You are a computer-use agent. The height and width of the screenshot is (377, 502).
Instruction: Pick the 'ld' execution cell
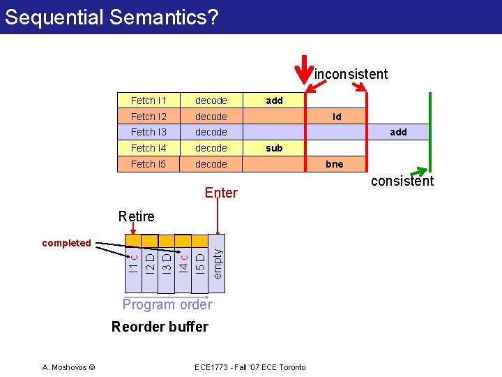click(336, 117)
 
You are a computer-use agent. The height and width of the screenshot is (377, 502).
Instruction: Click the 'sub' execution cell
click(274, 148)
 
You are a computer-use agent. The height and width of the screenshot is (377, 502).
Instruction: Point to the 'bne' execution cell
click(335, 164)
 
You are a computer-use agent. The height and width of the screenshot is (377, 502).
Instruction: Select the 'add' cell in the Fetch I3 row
click(398, 132)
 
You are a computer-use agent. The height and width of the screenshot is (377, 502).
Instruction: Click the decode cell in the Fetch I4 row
click(211, 148)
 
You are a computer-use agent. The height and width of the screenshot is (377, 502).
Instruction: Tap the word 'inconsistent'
click(351, 74)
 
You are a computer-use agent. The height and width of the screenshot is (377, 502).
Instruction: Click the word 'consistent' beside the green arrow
click(402, 182)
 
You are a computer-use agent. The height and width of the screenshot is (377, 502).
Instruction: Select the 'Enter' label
click(221, 193)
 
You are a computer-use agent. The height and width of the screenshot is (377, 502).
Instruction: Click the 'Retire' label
click(137, 216)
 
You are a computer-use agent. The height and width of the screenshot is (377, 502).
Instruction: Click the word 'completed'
click(66, 243)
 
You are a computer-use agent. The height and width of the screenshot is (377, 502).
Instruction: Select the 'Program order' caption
click(167, 304)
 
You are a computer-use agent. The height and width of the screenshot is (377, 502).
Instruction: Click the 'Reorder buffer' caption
click(160, 327)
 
